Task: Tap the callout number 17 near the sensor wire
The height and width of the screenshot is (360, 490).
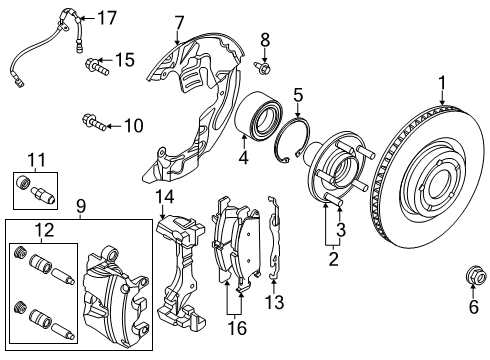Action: coord(107,17)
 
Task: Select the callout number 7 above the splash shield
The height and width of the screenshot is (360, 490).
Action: coord(179,21)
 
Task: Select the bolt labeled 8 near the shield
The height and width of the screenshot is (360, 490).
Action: coord(264,66)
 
